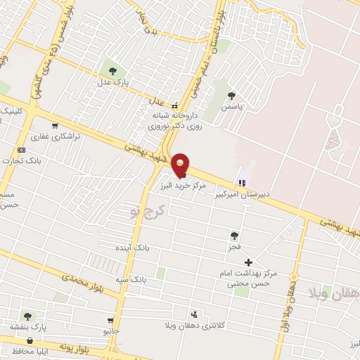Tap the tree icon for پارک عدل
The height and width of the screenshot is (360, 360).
[x=112, y=70]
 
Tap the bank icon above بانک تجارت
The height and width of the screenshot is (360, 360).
[x=21, y=149]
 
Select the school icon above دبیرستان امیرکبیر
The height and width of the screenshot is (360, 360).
[x=243, y=182]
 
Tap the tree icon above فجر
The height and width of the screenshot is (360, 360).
[x=235, y=236]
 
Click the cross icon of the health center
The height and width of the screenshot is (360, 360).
[x=247, y=262]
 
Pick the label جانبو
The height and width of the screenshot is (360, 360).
[x=111, y=330]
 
